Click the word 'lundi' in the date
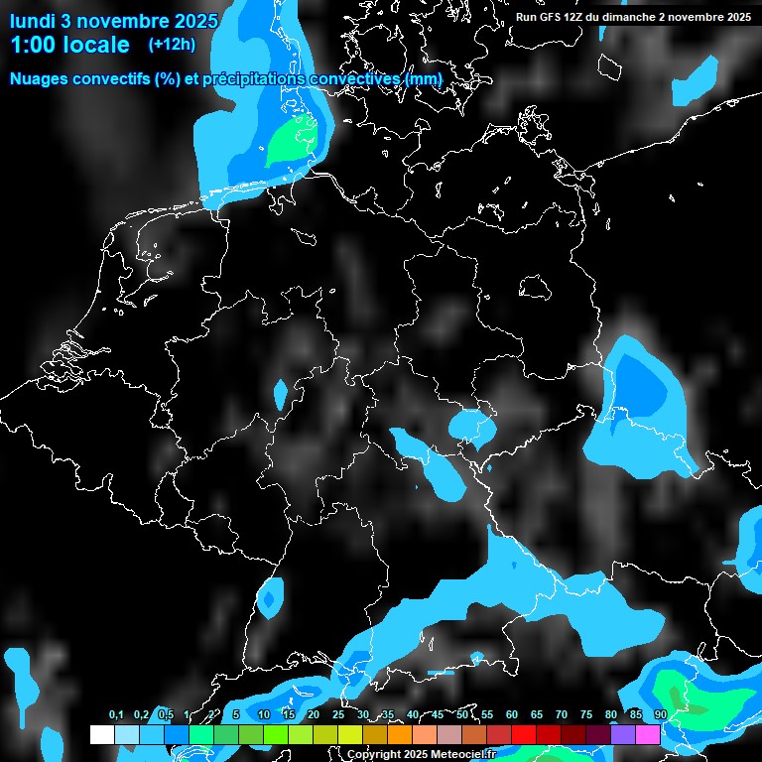(x=33, y=20)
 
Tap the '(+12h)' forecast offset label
(x=172, y=45)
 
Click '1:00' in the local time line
(x=33, y=45)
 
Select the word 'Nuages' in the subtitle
(x=40, y=78)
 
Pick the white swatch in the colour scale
(x=101, y=734)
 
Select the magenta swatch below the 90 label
(x=648, y=734)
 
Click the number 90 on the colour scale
(x=660, y=714)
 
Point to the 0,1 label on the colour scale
(x=116, y=714)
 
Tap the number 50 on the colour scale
(x=462, y=714)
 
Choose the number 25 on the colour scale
(x=338, y=714)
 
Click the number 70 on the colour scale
(x=562, y=714)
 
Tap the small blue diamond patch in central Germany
(x=281, y=394)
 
